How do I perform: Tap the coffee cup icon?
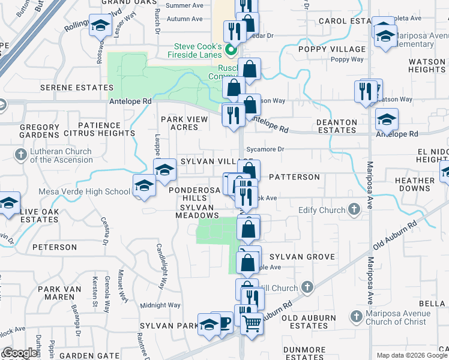223,323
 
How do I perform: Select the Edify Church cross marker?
354,209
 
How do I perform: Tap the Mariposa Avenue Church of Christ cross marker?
356,316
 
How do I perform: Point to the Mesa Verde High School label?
84,192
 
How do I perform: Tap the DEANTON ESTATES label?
337,126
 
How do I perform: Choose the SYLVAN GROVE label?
303,257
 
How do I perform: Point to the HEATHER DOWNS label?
415,184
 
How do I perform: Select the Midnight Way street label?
160,305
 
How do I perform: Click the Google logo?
20,353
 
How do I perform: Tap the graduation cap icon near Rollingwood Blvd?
101,26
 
